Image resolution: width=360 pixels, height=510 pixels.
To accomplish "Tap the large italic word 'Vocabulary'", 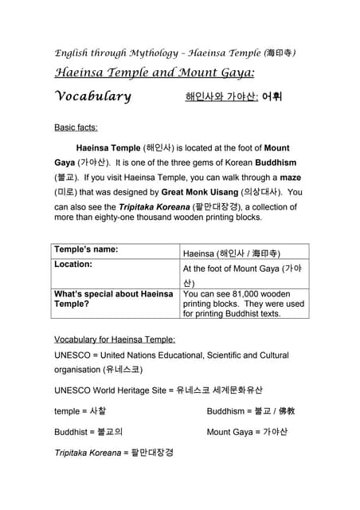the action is tap(92, 96).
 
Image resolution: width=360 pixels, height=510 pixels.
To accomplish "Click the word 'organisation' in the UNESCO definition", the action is tap(76, 369).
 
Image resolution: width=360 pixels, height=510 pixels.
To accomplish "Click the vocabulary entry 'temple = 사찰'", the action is tap(80, 411).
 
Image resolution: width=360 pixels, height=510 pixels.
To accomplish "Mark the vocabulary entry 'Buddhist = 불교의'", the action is tap(88, 432).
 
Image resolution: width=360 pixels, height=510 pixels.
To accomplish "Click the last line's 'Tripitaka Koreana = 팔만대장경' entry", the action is tap(113, 453).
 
